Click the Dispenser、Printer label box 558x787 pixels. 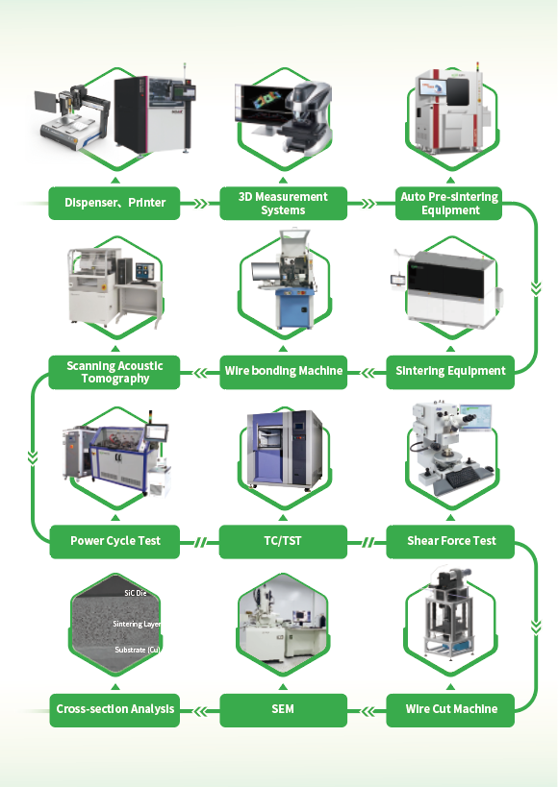click(x=114, y=203)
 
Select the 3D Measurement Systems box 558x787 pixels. click(x=283, y=203)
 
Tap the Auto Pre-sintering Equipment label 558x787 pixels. click(x=449, y=203)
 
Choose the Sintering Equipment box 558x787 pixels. click(x=450, y=372)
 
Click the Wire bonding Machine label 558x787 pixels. click(x=283, y=372)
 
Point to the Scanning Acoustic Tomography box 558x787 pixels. click(x=114, y=372)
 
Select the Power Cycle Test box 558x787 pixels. click(x=114, y=542)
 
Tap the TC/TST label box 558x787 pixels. click(x=283, y=542)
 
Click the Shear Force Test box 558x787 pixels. click(x=450, y=542)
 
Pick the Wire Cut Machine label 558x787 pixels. click(x=450, y=710)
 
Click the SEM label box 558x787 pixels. click(x=283, y=710)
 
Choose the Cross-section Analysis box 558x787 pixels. click(x=114, y=710)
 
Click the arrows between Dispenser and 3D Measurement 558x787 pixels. click(x=200, y=204)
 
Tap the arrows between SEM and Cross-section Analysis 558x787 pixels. click(x=200, y=711)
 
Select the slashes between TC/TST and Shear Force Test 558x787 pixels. click(x=368, y=542)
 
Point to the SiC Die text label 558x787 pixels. click(x=136, y=593)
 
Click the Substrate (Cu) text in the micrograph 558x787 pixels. click(x=138, y=650)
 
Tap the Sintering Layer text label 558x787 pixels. click(x=137, y=624)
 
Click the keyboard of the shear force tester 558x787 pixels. click(x=462, y=477)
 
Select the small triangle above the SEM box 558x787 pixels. click(x=283, y=687)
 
